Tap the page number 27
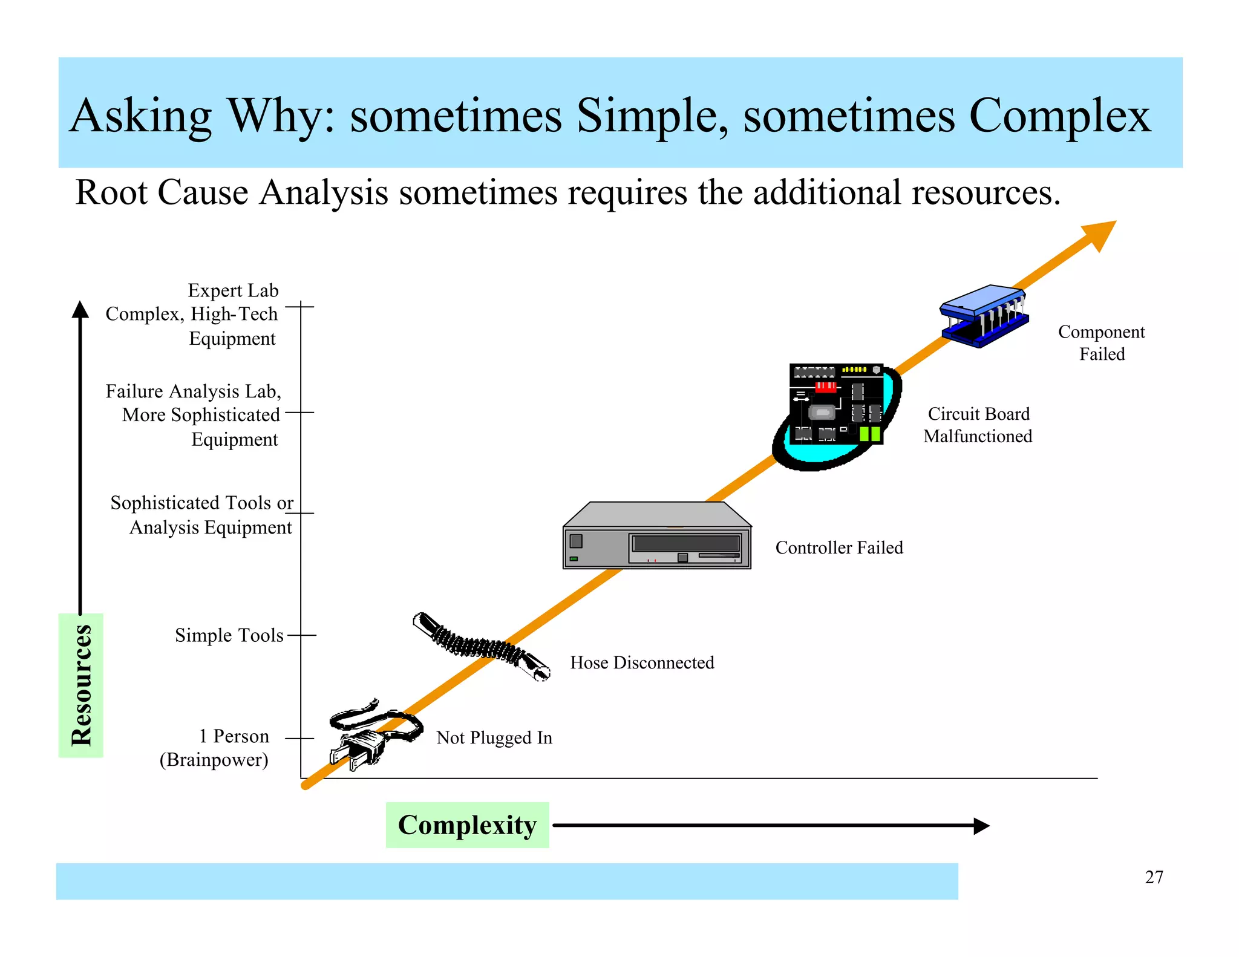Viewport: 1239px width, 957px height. tap(1154, 877)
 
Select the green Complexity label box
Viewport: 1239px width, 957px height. tap(467, 825)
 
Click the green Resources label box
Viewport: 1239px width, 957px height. tap(81, 685)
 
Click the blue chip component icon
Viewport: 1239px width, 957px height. tap(983, 316)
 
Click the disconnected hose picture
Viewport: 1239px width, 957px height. tap(481, 645)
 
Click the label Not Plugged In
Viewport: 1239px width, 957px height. tap(494, 738)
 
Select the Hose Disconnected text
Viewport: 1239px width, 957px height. tap(642, 662)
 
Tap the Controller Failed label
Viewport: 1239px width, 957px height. tap(839, 547)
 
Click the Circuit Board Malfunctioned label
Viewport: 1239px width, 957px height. tap(978, 425)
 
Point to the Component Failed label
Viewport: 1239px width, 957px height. tap(1102, 342)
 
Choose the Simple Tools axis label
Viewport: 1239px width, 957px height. tap(229, 635)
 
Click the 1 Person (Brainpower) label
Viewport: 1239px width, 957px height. tap(215, 748)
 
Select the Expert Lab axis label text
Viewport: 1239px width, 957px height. tap(233, 290)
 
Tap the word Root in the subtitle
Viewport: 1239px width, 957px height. tap(111, 193)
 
